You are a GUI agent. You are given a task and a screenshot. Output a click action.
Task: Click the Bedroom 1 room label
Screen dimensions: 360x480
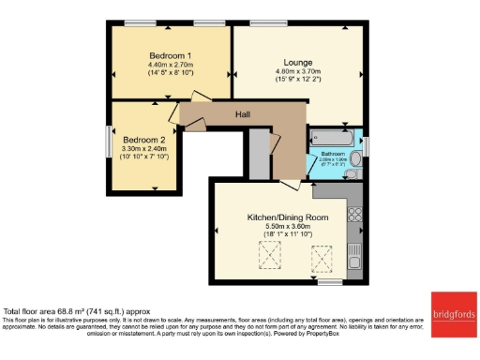point(170,53)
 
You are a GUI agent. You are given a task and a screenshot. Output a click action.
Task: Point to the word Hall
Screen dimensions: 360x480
point(243,114)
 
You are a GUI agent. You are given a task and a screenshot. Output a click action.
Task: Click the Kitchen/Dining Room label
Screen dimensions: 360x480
point(288,217)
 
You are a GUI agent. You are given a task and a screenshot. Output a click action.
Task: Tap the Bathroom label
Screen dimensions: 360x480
point(334,152)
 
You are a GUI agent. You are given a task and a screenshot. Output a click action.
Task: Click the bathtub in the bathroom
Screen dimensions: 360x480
point(334,136)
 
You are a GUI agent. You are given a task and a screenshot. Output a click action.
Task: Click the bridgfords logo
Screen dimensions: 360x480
point(453,310)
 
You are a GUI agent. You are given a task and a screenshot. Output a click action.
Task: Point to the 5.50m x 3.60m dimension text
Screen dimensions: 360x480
point(288,228)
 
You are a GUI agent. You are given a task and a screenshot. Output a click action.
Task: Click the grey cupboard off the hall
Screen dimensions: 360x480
point(259,150)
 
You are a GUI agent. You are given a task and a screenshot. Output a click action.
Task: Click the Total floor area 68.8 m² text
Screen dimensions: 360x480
point(77,310)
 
